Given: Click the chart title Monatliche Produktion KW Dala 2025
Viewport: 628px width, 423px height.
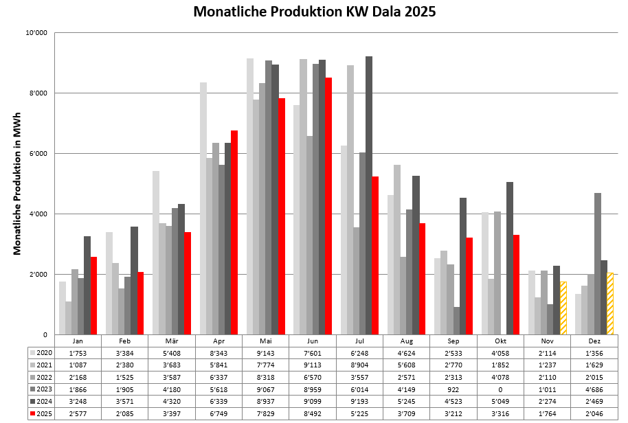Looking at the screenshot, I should [314, 12].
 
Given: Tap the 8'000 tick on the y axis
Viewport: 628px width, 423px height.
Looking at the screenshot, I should [38, 93].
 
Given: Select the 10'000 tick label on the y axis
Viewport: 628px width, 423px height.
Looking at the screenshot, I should [36, 32].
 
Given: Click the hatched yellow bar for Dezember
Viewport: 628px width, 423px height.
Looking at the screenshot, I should [610, 304].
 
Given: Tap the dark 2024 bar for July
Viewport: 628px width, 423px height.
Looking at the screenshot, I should [369, 196].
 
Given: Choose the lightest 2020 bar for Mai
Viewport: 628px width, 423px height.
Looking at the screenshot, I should [250, 196].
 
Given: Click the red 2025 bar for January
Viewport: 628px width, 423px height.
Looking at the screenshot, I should [93, 295].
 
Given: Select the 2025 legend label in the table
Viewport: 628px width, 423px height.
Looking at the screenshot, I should [43, 414].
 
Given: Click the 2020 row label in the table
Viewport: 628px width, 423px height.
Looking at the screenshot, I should [43, 352].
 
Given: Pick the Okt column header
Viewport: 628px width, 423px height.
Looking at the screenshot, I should [500, 341].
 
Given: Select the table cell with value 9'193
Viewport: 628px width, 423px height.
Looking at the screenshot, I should [359, 402].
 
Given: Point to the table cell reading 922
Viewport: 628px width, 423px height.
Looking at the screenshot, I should [453, 389].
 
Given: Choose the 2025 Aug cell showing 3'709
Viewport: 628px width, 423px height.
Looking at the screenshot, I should [407, 414].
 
